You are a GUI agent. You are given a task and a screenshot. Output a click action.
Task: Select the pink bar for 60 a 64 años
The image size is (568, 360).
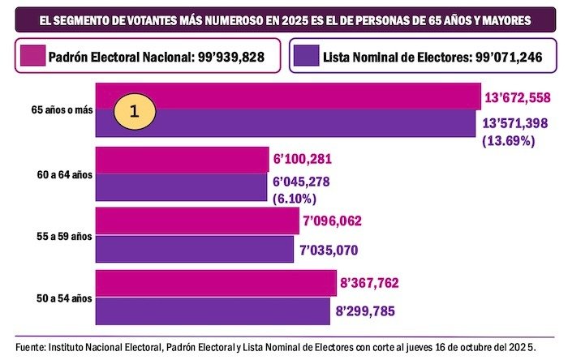point(182,160)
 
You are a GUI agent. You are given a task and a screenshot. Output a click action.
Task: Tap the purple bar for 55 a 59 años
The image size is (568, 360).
point(195,250)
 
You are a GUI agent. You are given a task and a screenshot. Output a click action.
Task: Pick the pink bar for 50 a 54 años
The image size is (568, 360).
point(216,283)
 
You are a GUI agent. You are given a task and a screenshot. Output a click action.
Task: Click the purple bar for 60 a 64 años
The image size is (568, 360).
point(182,187)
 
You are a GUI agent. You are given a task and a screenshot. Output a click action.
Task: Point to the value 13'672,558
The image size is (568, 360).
point(519,98)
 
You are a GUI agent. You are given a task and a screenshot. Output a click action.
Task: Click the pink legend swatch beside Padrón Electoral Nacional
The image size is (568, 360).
point(31,58)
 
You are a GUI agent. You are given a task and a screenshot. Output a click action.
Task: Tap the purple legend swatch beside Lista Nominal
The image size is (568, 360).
point(307,58)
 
